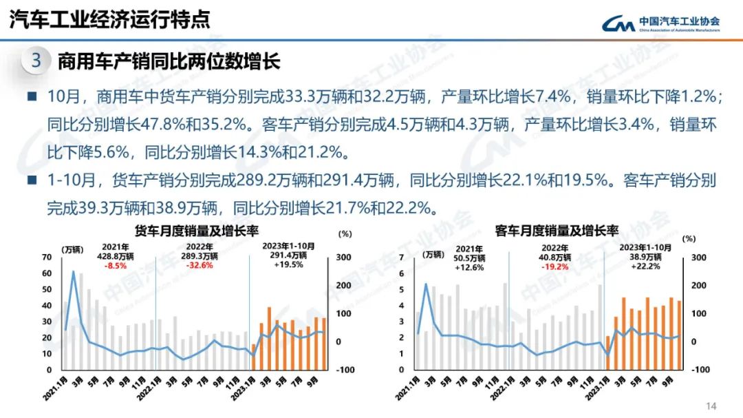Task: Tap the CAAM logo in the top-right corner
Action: [661, 23]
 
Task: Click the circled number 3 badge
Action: [36, 61]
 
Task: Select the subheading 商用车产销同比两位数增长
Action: [169, 61]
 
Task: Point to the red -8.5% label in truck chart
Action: [116, 264]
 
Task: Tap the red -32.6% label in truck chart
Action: [202, 264]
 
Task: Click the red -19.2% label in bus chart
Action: [554, 266]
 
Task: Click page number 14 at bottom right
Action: [711, 405]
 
